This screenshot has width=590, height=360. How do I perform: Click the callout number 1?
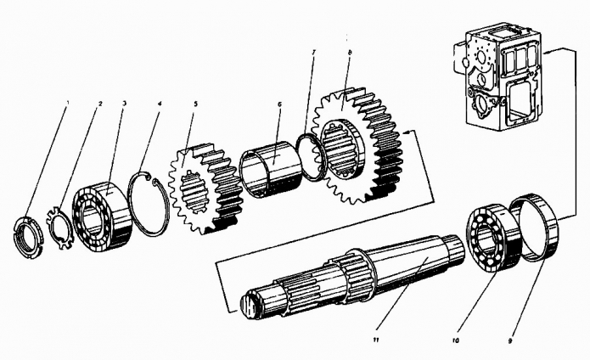click(x=68, y=102)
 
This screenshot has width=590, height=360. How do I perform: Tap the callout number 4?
click(x=160, y=103)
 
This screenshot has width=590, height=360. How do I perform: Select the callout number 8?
click(x=350, y=53)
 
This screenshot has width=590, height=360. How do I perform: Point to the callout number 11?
click(x=375, y=340)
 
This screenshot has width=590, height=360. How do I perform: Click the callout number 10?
click(x=456, y=340)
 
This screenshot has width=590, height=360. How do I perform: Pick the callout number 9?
click(x=510, y=341)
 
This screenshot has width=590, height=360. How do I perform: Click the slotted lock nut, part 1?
click(x=29, y=237)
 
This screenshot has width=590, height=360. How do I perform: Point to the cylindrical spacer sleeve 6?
click(x=270, y=168)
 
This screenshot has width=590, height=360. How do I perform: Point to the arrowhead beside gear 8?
click(x=406, y=132)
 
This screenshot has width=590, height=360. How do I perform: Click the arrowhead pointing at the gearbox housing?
click(x=547, y=52)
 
